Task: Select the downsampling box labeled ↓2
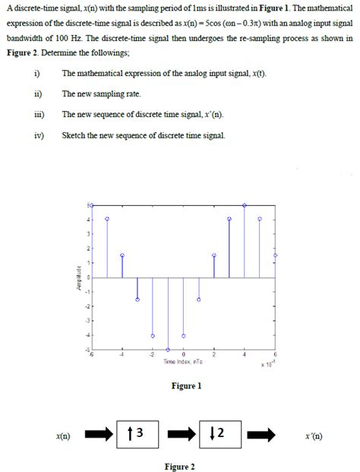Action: [x=220, y=436]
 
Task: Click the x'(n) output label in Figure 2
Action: [x=313, y=436]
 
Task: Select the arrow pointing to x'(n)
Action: [x=261, y=436]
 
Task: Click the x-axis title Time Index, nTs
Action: [x=183, y=362]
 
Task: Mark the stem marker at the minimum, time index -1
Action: [x=168, y=349]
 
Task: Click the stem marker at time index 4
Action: [x=245, y=205]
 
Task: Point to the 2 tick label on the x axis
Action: [x=214, y=355]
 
